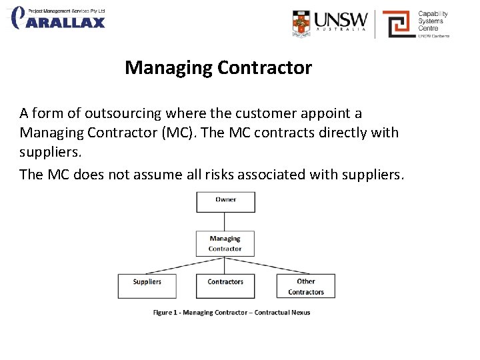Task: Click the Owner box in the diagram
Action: (225, 201)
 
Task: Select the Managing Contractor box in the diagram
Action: (225, 243)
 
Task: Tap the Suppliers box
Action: (147, 285)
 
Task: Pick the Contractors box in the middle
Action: (225, 285)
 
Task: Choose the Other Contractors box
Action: (305, 286)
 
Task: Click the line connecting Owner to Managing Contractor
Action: (225, 221)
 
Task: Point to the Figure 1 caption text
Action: (231, 312)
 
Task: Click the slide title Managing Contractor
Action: (218, 68)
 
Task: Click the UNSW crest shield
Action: (302, 23)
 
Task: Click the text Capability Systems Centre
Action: (433, 21)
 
